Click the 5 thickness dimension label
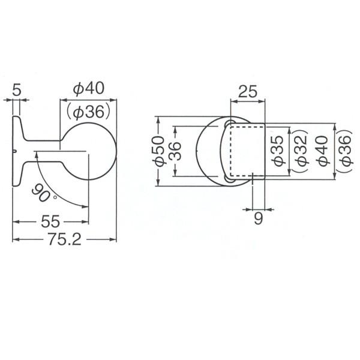click(16, 90)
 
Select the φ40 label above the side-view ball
click(88, 88)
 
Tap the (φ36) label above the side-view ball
click(89, 112)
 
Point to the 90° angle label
click(43, 194)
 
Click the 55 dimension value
click(50, 222)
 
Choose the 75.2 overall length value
click(65, 239)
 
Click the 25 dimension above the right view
click(248, 92)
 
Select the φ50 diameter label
click(158, 151)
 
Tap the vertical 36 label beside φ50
click(175, 151)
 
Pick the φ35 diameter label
click(278, 151)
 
